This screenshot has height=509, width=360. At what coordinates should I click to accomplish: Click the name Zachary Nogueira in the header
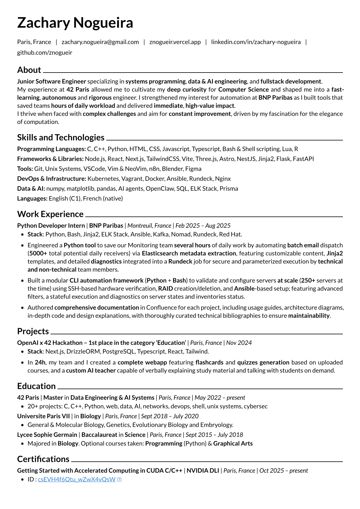(x=75, y=23)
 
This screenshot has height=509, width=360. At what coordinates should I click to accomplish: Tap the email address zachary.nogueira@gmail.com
(x=100, y=42)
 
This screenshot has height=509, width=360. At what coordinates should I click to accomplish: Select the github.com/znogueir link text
(x=45, y=53)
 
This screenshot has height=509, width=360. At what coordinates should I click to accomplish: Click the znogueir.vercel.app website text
(x=175, y=42)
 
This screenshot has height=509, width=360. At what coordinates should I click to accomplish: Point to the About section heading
(x=29, y=70)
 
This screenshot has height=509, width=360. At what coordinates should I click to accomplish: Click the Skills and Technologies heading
(x=61, y=138)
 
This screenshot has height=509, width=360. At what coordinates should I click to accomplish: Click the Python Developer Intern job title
(x=51, y=226)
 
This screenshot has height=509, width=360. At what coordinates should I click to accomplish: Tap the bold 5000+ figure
(x=38, y=253)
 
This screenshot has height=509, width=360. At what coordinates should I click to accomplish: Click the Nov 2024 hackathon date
(x=239, y=343)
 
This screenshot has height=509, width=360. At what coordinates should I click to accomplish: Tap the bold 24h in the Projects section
(x=40, y=362)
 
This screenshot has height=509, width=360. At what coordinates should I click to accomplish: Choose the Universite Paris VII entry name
(x=43, y=416)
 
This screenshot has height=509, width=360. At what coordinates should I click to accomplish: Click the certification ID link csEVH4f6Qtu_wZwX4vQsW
(x=77, y=479)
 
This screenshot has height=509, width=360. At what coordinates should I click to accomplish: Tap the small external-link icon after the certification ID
(x=119, y=480)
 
